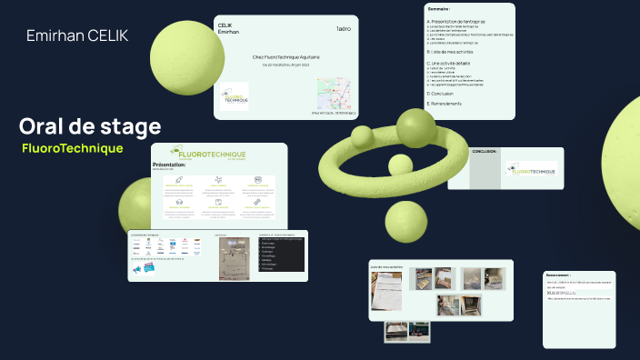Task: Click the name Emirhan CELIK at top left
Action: tap(77, 35)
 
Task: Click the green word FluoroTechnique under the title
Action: tap(72, 147)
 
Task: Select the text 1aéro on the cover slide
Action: tap(343, 29)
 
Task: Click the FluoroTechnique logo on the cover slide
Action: tap(234, 96)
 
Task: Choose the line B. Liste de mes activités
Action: tap(454, 52)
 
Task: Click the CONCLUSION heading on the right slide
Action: tap(485, 151)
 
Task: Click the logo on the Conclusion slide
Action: tap(530, 169)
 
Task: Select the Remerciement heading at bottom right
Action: tap(558, 275)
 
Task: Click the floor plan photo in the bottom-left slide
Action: tap(234, 257)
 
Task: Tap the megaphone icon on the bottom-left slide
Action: tap(138, 269)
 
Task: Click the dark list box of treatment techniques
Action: tap(281, 255)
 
